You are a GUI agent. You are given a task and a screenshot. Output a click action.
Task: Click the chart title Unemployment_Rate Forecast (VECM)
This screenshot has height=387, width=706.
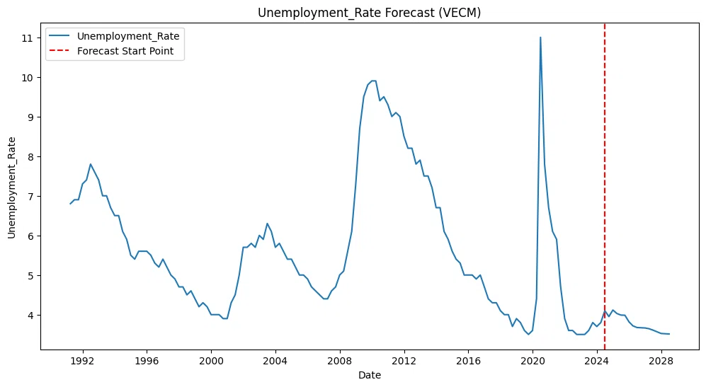(x=369, y=13)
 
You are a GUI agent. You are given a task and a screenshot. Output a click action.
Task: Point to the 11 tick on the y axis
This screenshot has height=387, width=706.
(x=28, y=38)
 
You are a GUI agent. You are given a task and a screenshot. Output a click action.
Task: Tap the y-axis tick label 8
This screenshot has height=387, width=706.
(x=30, y=157)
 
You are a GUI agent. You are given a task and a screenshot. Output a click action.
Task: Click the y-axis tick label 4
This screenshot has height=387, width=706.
(x=30, y=315)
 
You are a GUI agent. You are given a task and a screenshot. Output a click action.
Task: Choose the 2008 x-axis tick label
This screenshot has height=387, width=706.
(x=340, y=360)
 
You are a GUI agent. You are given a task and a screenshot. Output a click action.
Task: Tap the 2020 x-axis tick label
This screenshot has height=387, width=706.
(x=533, y=360)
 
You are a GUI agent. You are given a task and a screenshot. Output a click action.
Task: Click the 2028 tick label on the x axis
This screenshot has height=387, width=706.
(x=661, y=360)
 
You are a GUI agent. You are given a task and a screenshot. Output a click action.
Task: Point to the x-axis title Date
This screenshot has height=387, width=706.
(x=370, y=375)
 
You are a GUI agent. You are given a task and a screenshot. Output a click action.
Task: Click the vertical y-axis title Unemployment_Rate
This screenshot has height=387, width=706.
(x=11, y=187)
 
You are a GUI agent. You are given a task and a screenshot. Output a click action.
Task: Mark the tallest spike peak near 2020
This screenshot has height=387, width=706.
(x=540, y=37)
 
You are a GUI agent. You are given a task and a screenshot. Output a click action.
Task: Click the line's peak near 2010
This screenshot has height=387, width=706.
(x=373, y=81)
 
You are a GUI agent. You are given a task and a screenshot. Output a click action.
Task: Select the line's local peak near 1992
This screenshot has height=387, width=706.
(x=91, y=164)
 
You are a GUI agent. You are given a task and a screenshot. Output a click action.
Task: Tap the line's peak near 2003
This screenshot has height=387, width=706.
(x=267, y=223)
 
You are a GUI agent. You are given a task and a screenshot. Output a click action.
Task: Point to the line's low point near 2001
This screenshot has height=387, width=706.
(x=225, y=318)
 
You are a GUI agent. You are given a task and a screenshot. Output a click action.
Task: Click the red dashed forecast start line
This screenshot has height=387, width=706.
(x=604, y=186)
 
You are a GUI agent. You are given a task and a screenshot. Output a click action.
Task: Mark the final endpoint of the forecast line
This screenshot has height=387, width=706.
(x=669, y=334)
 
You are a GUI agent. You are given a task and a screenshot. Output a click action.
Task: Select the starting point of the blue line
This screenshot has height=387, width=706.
(x=70, y=204)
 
